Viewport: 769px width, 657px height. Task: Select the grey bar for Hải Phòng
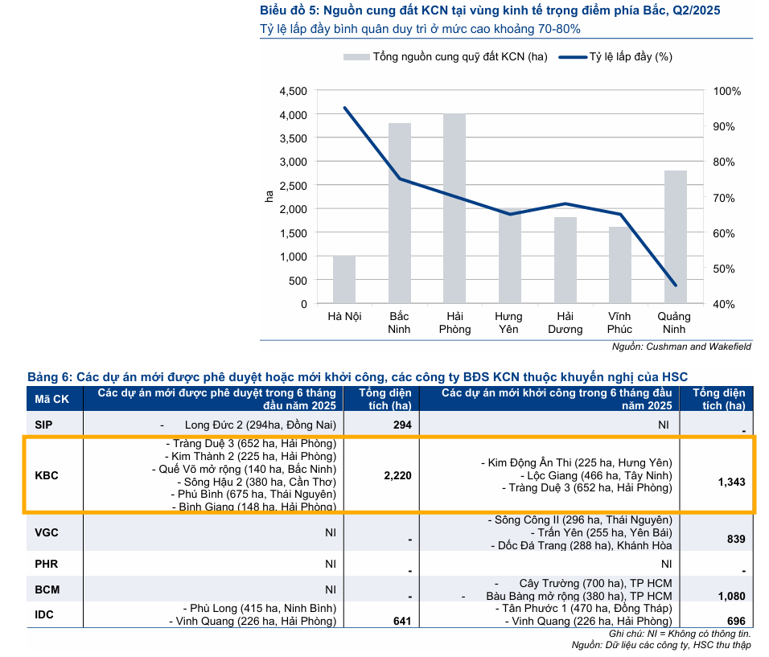point(454,209)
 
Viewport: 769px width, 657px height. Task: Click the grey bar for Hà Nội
point(344,280)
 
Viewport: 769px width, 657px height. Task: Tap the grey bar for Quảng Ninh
point(676,237)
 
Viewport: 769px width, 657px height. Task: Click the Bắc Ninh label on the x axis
point(399,322)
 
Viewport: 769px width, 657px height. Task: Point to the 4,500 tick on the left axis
point(293,91)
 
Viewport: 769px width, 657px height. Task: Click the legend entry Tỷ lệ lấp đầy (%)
point(615,57)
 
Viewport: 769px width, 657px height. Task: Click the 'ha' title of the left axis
point(270,197)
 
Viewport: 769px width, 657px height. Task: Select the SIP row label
point(46,425)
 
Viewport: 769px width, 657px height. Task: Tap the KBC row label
point(47,475)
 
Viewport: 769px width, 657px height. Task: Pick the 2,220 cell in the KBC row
point(398,475)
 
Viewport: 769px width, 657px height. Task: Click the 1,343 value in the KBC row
point(731,482)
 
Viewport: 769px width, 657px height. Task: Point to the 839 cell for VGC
point(735,539)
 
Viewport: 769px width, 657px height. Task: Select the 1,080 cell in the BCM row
point(731,596)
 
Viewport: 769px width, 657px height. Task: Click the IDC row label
point(46,614)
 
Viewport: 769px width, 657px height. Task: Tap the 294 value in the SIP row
point(401,425)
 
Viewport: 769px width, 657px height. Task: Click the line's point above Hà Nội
point(344,108)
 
